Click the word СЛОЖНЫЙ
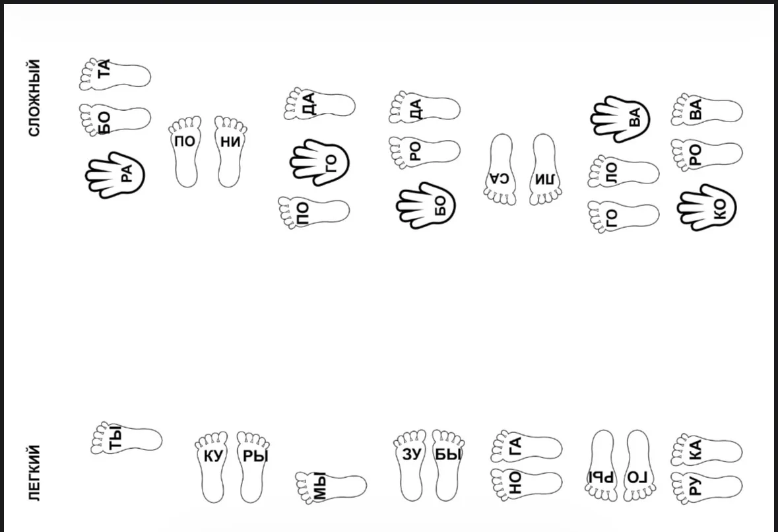pyautogui.click(x=34, y=98)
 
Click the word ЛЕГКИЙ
pyautogui.click(x=34, y=473)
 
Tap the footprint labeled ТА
pyautogui.click(x=115, y=75)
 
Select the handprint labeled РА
pyautogui.click(x=115, y=175)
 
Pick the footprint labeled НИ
pyautogui.click(x=230, y=151)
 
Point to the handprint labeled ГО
pyautogui.click(x=319, y=162)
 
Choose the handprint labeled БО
pyautogui.click(x=426, y=205)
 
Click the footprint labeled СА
pyautogui.click(x=500, y=169)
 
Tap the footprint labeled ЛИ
pyautogui.click(x=545, y=169)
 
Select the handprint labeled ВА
pyautogui.click(x=620, y=119)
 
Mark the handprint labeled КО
pyautogui.click(x=707, y=207)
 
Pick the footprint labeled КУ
pyautogui.click(x=211, y=467)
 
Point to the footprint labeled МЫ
pyautogui.click(x=331, y=487)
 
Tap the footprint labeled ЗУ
pyautogui.click(x=410, y=465)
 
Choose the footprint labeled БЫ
pyautogui.click(x=448, y=465)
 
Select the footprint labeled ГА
pyautogui.click(x=527, y=446)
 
